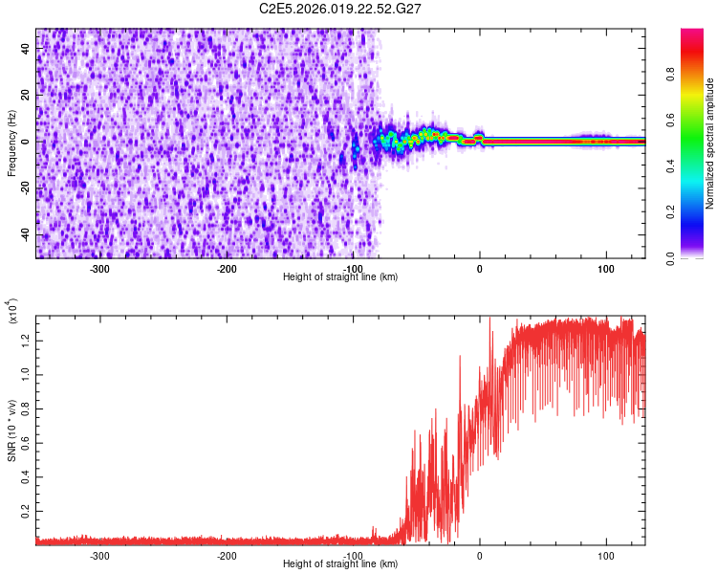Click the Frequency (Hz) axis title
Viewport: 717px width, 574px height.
[11, 143]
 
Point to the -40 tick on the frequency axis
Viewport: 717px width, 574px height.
[26, 234]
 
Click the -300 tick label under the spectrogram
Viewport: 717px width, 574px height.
[100, 268]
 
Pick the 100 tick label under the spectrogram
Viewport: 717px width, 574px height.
[606, 268]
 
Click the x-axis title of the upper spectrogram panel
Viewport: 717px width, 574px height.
[340, 276]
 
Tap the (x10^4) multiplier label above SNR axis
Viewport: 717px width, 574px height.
[13, 312]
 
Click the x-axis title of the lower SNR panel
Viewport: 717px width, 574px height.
[340, 563]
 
